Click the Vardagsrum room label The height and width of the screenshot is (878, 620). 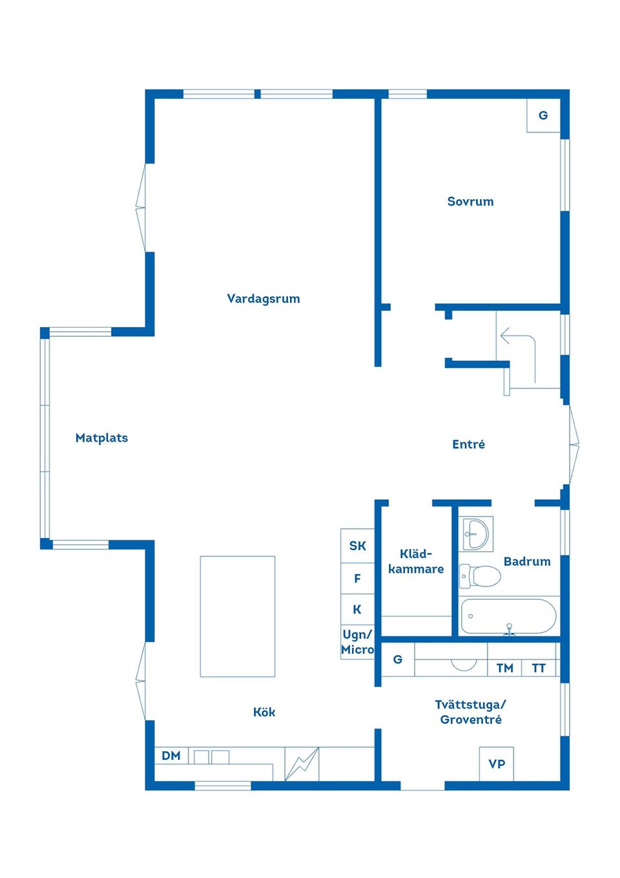[263, 299]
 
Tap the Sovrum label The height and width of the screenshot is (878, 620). [470, 202]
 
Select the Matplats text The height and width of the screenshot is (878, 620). [101, 438]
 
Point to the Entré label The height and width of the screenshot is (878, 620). [468, 444]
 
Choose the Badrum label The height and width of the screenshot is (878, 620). [527, 561]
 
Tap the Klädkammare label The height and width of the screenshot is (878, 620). [416, 561]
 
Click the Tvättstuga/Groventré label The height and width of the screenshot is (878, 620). [470, 712]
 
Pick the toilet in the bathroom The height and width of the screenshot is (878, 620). [480, 576]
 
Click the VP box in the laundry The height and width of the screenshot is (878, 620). [496, 764]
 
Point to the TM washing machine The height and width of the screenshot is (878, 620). [504, 667]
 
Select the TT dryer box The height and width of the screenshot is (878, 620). [539, 667]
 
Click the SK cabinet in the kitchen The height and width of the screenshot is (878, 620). [358, 546]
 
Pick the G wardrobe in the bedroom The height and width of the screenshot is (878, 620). [543, 115]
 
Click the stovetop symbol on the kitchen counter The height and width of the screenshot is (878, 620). [302, 764]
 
